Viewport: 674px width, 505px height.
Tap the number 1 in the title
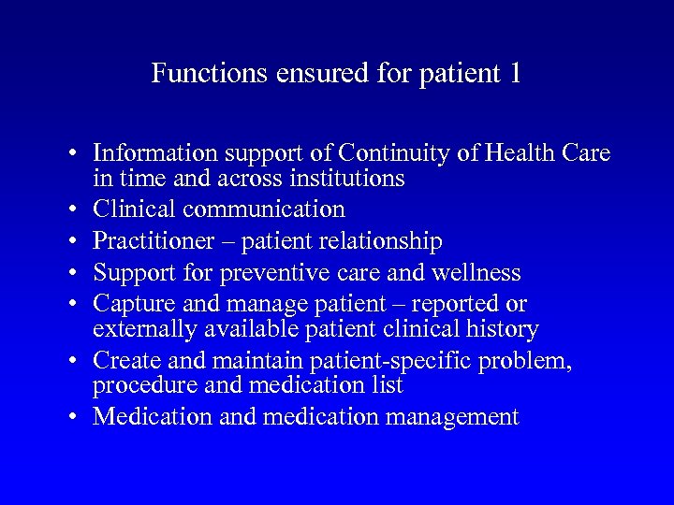coord(514,74)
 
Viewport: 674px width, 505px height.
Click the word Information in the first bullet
coord(154,153)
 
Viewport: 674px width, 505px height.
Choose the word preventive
coord(281,273)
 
